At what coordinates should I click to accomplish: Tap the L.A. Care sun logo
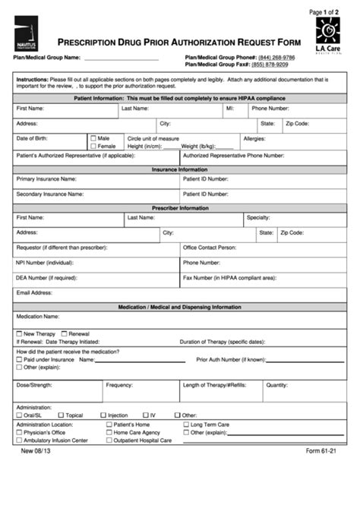pos(328,35)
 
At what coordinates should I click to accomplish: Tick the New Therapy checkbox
pos(19,333)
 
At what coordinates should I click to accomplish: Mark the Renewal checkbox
pos(65,333)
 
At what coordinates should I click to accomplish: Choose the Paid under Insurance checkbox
pos(19,359)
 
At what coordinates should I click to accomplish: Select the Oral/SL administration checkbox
pos(19,415)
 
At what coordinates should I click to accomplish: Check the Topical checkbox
pos(61,415)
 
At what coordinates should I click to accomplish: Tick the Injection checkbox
pos(103,415)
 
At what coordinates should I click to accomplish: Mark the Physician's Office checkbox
pos(19,432)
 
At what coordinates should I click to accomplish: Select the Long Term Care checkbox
pos(185,424)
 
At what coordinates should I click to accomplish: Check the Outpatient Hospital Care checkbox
pos(109,440)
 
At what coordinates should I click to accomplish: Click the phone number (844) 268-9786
pos(276,58)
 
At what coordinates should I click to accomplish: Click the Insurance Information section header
pos(180,170)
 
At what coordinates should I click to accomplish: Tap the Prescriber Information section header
pos(180,207)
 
